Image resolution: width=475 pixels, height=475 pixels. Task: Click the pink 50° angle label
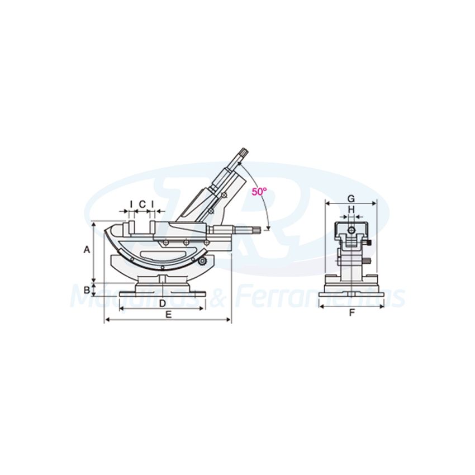click(x=259, y=191)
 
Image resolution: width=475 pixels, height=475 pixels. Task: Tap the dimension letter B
click(x=87, y=289)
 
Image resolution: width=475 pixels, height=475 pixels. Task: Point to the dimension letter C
click(x=142, y=205)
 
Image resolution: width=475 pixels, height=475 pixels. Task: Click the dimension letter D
click(x=161, y=303)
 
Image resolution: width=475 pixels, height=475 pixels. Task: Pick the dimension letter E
click(x=168, y=315)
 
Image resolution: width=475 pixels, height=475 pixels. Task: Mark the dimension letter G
click(x=351, y=198)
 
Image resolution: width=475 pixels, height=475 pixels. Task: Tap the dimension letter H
click(x=351, y=209)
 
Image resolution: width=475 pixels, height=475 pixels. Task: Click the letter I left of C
click(x=131, y=205)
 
